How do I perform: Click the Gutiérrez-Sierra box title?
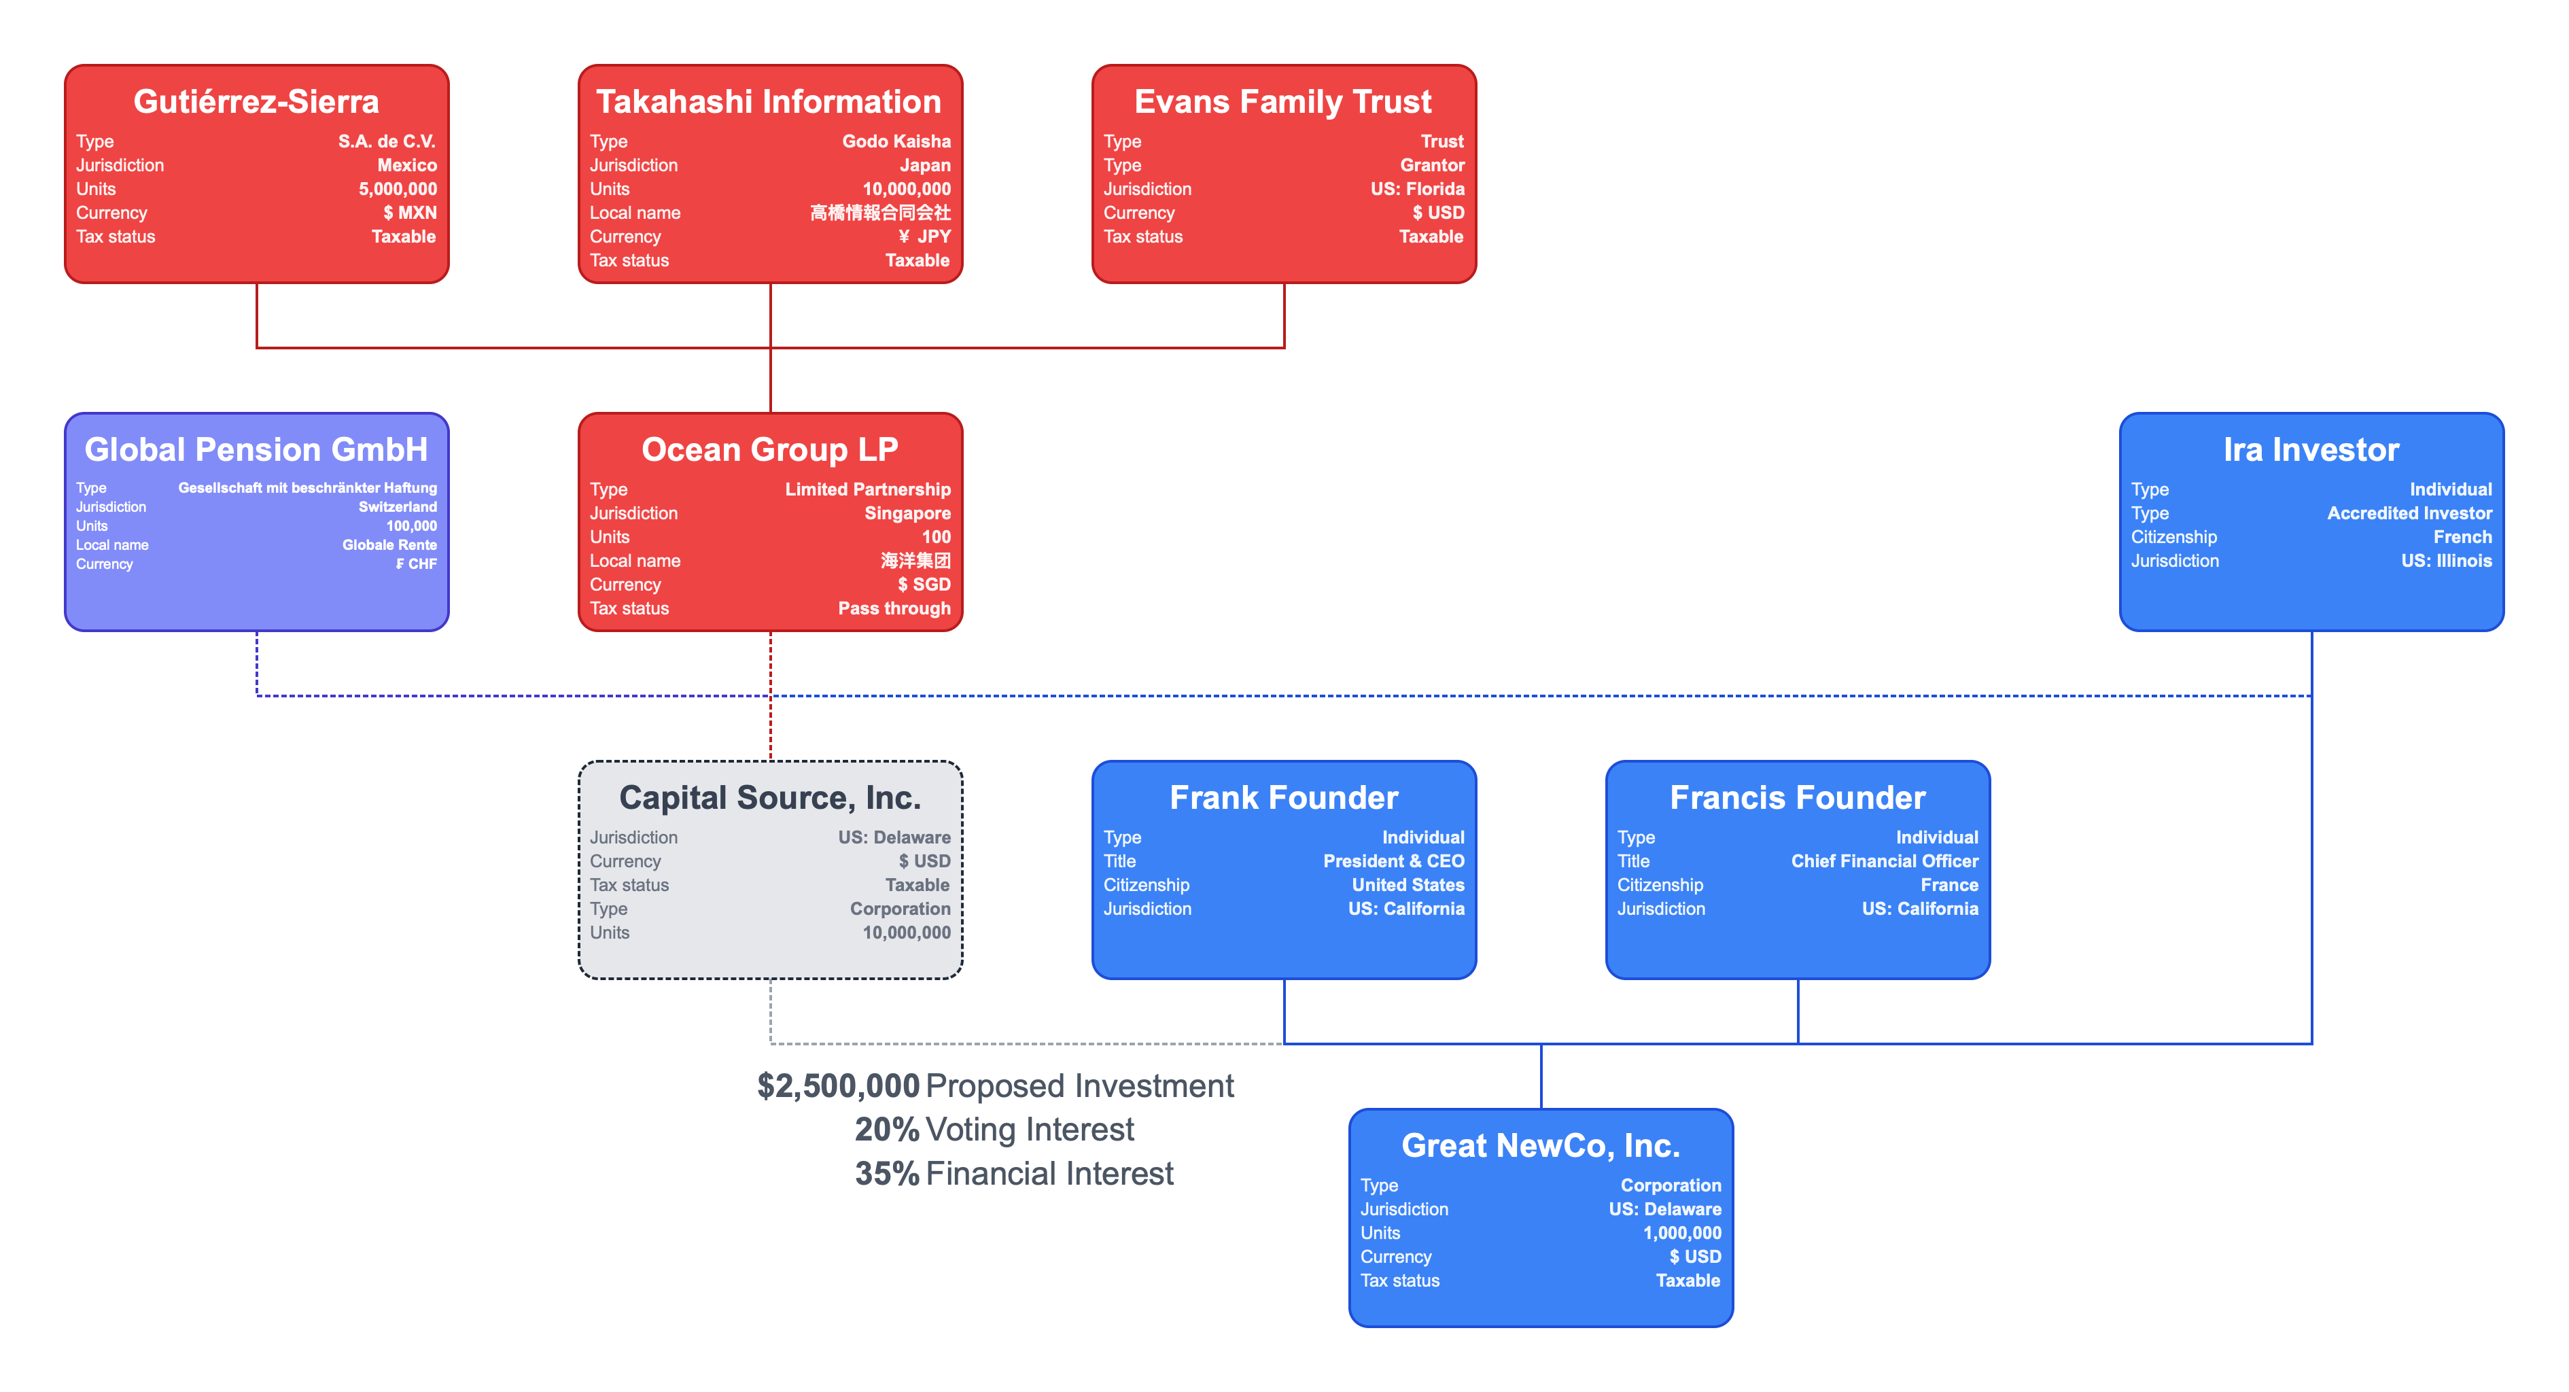256,102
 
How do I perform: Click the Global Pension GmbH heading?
256,450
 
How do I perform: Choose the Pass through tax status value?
894,608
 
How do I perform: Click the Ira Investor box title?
2311,450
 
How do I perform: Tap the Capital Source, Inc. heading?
770,798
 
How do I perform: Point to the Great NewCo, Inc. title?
1540,1146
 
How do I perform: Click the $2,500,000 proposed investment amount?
838,1086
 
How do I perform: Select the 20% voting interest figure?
887,1130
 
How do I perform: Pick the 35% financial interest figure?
887,1174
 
